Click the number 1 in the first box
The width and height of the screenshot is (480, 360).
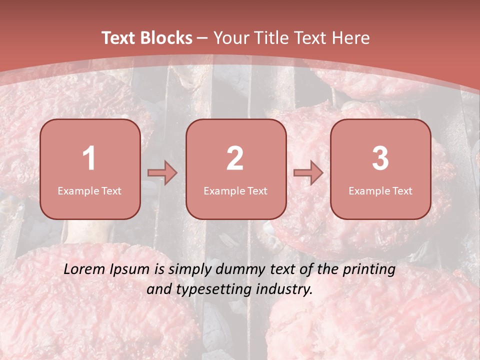click(x=89, y=158)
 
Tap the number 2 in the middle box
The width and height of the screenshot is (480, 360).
click(x=235, y=158)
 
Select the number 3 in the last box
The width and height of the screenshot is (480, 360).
click(x=380, y=158)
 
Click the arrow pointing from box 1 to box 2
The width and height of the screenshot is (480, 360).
click(x=162, y=173)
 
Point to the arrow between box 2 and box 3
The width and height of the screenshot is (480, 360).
click(x=308, y=173)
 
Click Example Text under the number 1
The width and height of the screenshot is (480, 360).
click(x=89, y=190)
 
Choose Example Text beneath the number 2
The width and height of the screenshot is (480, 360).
click(x=235, y=190)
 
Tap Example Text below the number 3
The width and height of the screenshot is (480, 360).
click(x=380, y=190)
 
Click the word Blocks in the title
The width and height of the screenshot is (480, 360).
click(x=166, y=38)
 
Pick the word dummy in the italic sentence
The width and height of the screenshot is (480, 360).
click(x=239, y=270)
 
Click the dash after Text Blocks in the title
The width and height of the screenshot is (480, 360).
click(x=202, y=38)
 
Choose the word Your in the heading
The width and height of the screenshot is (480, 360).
click(x=231, y=38)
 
